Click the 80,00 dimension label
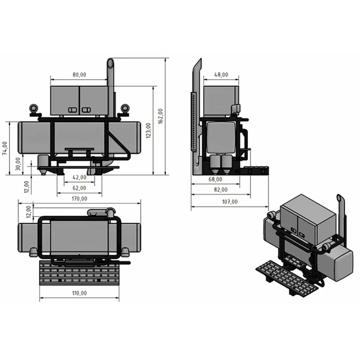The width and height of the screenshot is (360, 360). click(x=79, y=75)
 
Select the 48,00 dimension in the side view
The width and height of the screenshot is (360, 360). click(x=221, y=75)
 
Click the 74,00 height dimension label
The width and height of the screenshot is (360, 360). click(x=5, y=148)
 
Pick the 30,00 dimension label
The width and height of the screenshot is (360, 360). click(x=18, y=163)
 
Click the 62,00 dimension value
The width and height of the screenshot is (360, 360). click(x=79, y=188)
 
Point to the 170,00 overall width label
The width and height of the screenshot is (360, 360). click(x=79, y=198)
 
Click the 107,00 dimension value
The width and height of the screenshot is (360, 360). click(x=229, y=202)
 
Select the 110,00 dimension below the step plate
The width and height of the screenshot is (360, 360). click(x=79, y=293)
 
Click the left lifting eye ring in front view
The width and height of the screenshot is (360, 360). click(x=34, y=108)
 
